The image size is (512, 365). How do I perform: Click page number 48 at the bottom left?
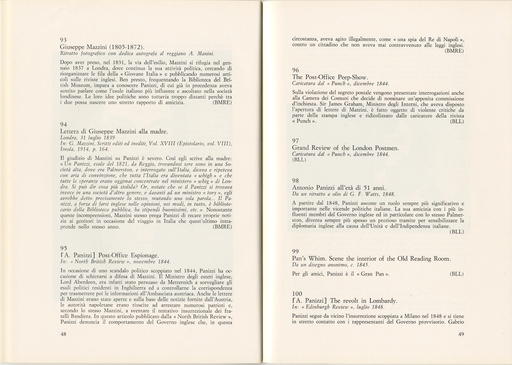coord(63,335)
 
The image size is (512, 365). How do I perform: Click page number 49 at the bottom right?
coord(461,335)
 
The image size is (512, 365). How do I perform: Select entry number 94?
coord(63,125)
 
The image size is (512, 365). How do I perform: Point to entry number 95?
coord(63,248)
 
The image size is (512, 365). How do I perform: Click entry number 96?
coord(295,70)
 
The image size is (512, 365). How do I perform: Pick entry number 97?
coord(295,141)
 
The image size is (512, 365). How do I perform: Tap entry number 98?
coord(295,181)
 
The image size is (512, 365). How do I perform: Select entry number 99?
coord(295,251)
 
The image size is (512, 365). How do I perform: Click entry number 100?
coord(297,294)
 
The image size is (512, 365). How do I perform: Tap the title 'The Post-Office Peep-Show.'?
coord(330,77)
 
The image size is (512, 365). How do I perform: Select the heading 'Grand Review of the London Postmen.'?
coord(345,148)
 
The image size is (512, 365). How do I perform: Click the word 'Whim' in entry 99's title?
coord(318,259)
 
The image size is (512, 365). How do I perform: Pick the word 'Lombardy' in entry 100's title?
coord(383,301)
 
